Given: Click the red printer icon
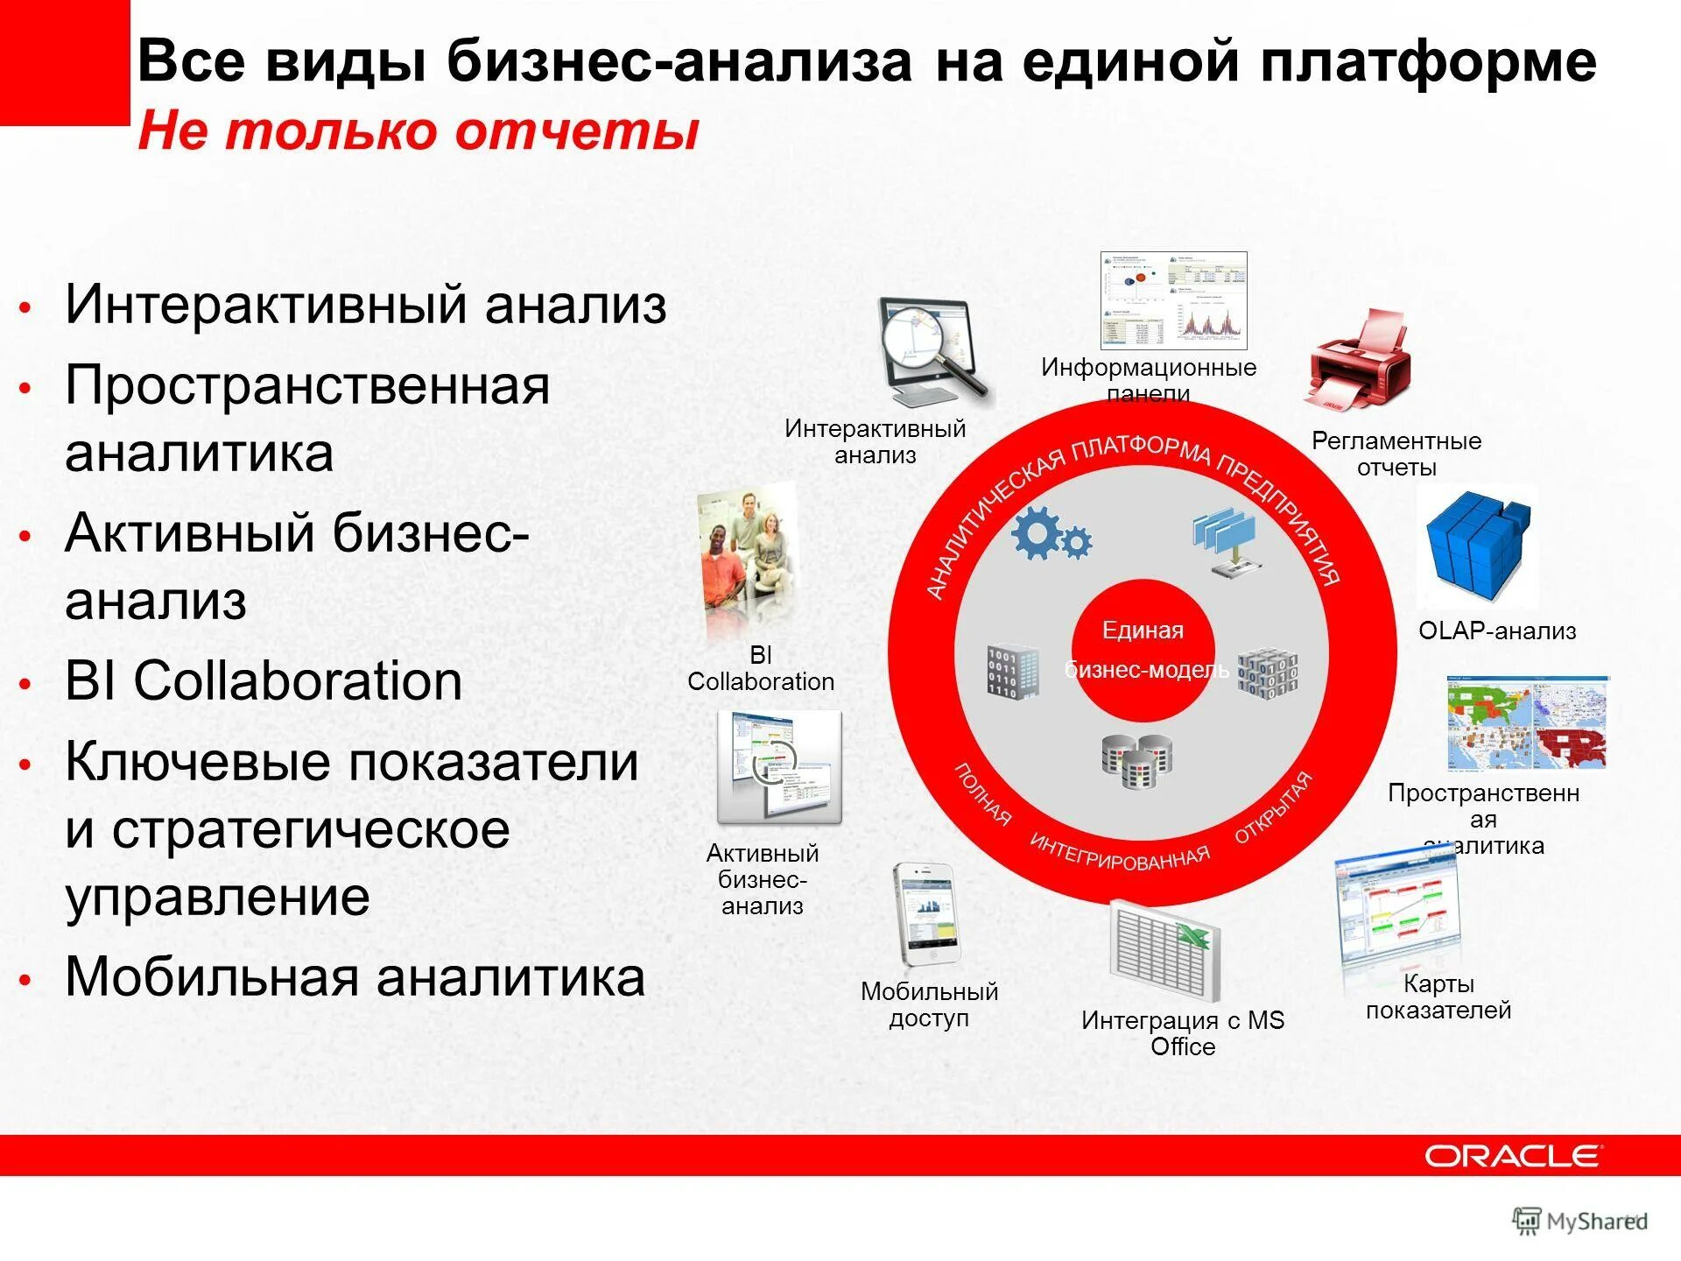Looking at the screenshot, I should tap(1359, 360).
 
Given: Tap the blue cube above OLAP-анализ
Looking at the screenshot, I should tap(1479, 547).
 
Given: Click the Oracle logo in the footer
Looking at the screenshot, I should tap(1513, 1156).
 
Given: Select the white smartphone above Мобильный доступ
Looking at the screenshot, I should tap(925, 915).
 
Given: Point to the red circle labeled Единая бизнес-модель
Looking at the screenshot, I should tap(1143, 650).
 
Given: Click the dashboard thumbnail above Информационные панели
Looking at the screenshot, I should tap(1173, 300).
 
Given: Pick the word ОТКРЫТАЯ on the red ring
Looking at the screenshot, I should tap(1274, 807).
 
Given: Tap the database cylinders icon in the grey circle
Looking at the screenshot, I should tap(1136, 760).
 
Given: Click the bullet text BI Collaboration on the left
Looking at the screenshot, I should tap(264, 680).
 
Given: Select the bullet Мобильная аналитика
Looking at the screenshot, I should tap(355, 976).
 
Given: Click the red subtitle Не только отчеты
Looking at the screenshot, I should tap(418, 130).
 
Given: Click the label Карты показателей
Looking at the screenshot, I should tap(1438, 997).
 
